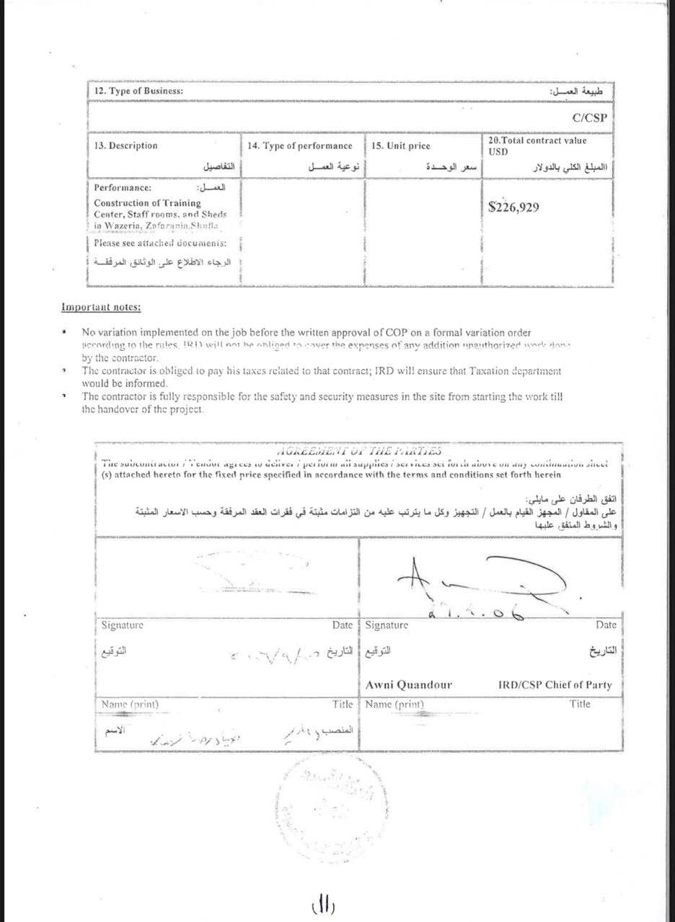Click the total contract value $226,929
click(513, 207)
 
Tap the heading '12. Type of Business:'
click(138, 91)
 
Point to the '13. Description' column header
click(125, 146)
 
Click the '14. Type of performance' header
click(300, 146)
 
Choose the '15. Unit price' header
click(401, 146)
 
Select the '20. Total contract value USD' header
click(537, 146)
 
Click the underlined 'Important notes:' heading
click(101, 308)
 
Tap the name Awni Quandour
click(409, 684)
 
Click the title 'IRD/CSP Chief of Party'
click(555, 684)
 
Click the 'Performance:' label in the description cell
click(123, 187)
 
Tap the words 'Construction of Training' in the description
click(147, 203)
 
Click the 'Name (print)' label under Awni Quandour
click(394, 704)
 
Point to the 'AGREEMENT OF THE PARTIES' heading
click(358, 451)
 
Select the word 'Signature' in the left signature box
click(123, 625)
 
